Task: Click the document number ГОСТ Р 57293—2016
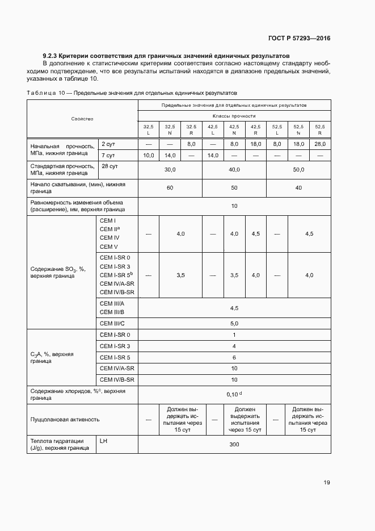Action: pos(299,39)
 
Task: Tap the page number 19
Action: pos(327,482)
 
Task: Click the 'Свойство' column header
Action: pos(82,119)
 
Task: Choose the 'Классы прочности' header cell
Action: pos(234,115)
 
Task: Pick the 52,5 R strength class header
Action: pos(320,129)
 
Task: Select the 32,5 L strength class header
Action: pos(148,129)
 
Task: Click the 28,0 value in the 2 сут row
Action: pos(320,144)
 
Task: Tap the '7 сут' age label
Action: pos(108,155)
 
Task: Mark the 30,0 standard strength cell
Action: pos(170,169)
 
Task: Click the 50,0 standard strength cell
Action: pos(298,169)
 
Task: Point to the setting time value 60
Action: pos(170,187)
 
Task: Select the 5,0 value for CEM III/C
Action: pos(234,323)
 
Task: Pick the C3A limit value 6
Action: pos(234,357)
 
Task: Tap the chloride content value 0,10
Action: pos(232,394)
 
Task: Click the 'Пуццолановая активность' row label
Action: pos(65,419)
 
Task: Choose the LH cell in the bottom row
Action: pos(104,440)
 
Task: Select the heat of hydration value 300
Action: pos(234,444)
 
